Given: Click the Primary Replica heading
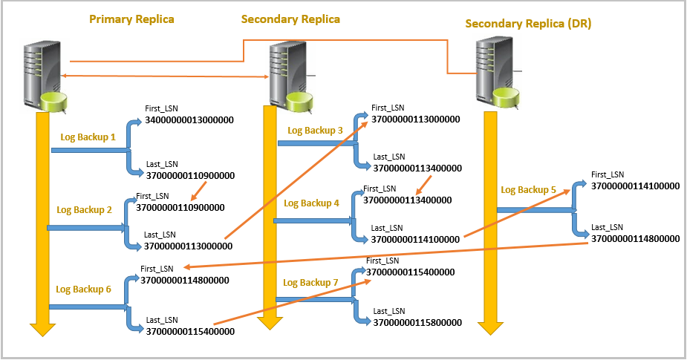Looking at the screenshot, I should pyautogui.click(x=131, y=19).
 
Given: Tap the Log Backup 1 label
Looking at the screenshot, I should pyautogui.click(x=88, y=137).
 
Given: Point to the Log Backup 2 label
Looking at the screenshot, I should pyautogui.click(x=84, y=210).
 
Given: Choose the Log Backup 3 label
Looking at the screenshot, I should pyautogui.click(x=315, y=130).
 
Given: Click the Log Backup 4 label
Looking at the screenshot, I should pyautogui.click(x=311, y=203).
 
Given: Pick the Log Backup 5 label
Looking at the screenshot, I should pyautogui.click(x=528, y=189).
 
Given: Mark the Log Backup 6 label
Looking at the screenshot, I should pyautogui.click(x=84, y=289).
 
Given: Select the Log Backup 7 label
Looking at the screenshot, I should pyautogui.click(x=310, y=283).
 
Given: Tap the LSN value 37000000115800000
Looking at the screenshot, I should pyautogui.click(x=417, y=323).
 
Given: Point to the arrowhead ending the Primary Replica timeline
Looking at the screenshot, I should pyautogui.click(x=42, y=329).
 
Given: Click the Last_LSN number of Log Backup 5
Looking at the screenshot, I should pyautogui.click(x=635, y=239).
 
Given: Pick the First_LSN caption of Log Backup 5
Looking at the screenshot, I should pyautogui.click(x=608, y=174).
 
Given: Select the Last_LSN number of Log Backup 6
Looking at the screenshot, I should pyautogui.click(x=190, y=332).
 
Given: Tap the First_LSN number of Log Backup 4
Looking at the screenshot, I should pyautogui.click(x=408, y=200).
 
